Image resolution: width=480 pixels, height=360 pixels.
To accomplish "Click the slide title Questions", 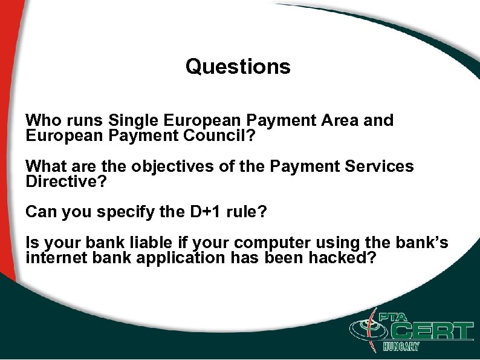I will coord(238,67).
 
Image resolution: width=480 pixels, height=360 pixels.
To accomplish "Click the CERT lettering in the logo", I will coord(432,330).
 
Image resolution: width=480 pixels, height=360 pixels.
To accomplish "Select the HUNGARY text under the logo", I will coord(401,347).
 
